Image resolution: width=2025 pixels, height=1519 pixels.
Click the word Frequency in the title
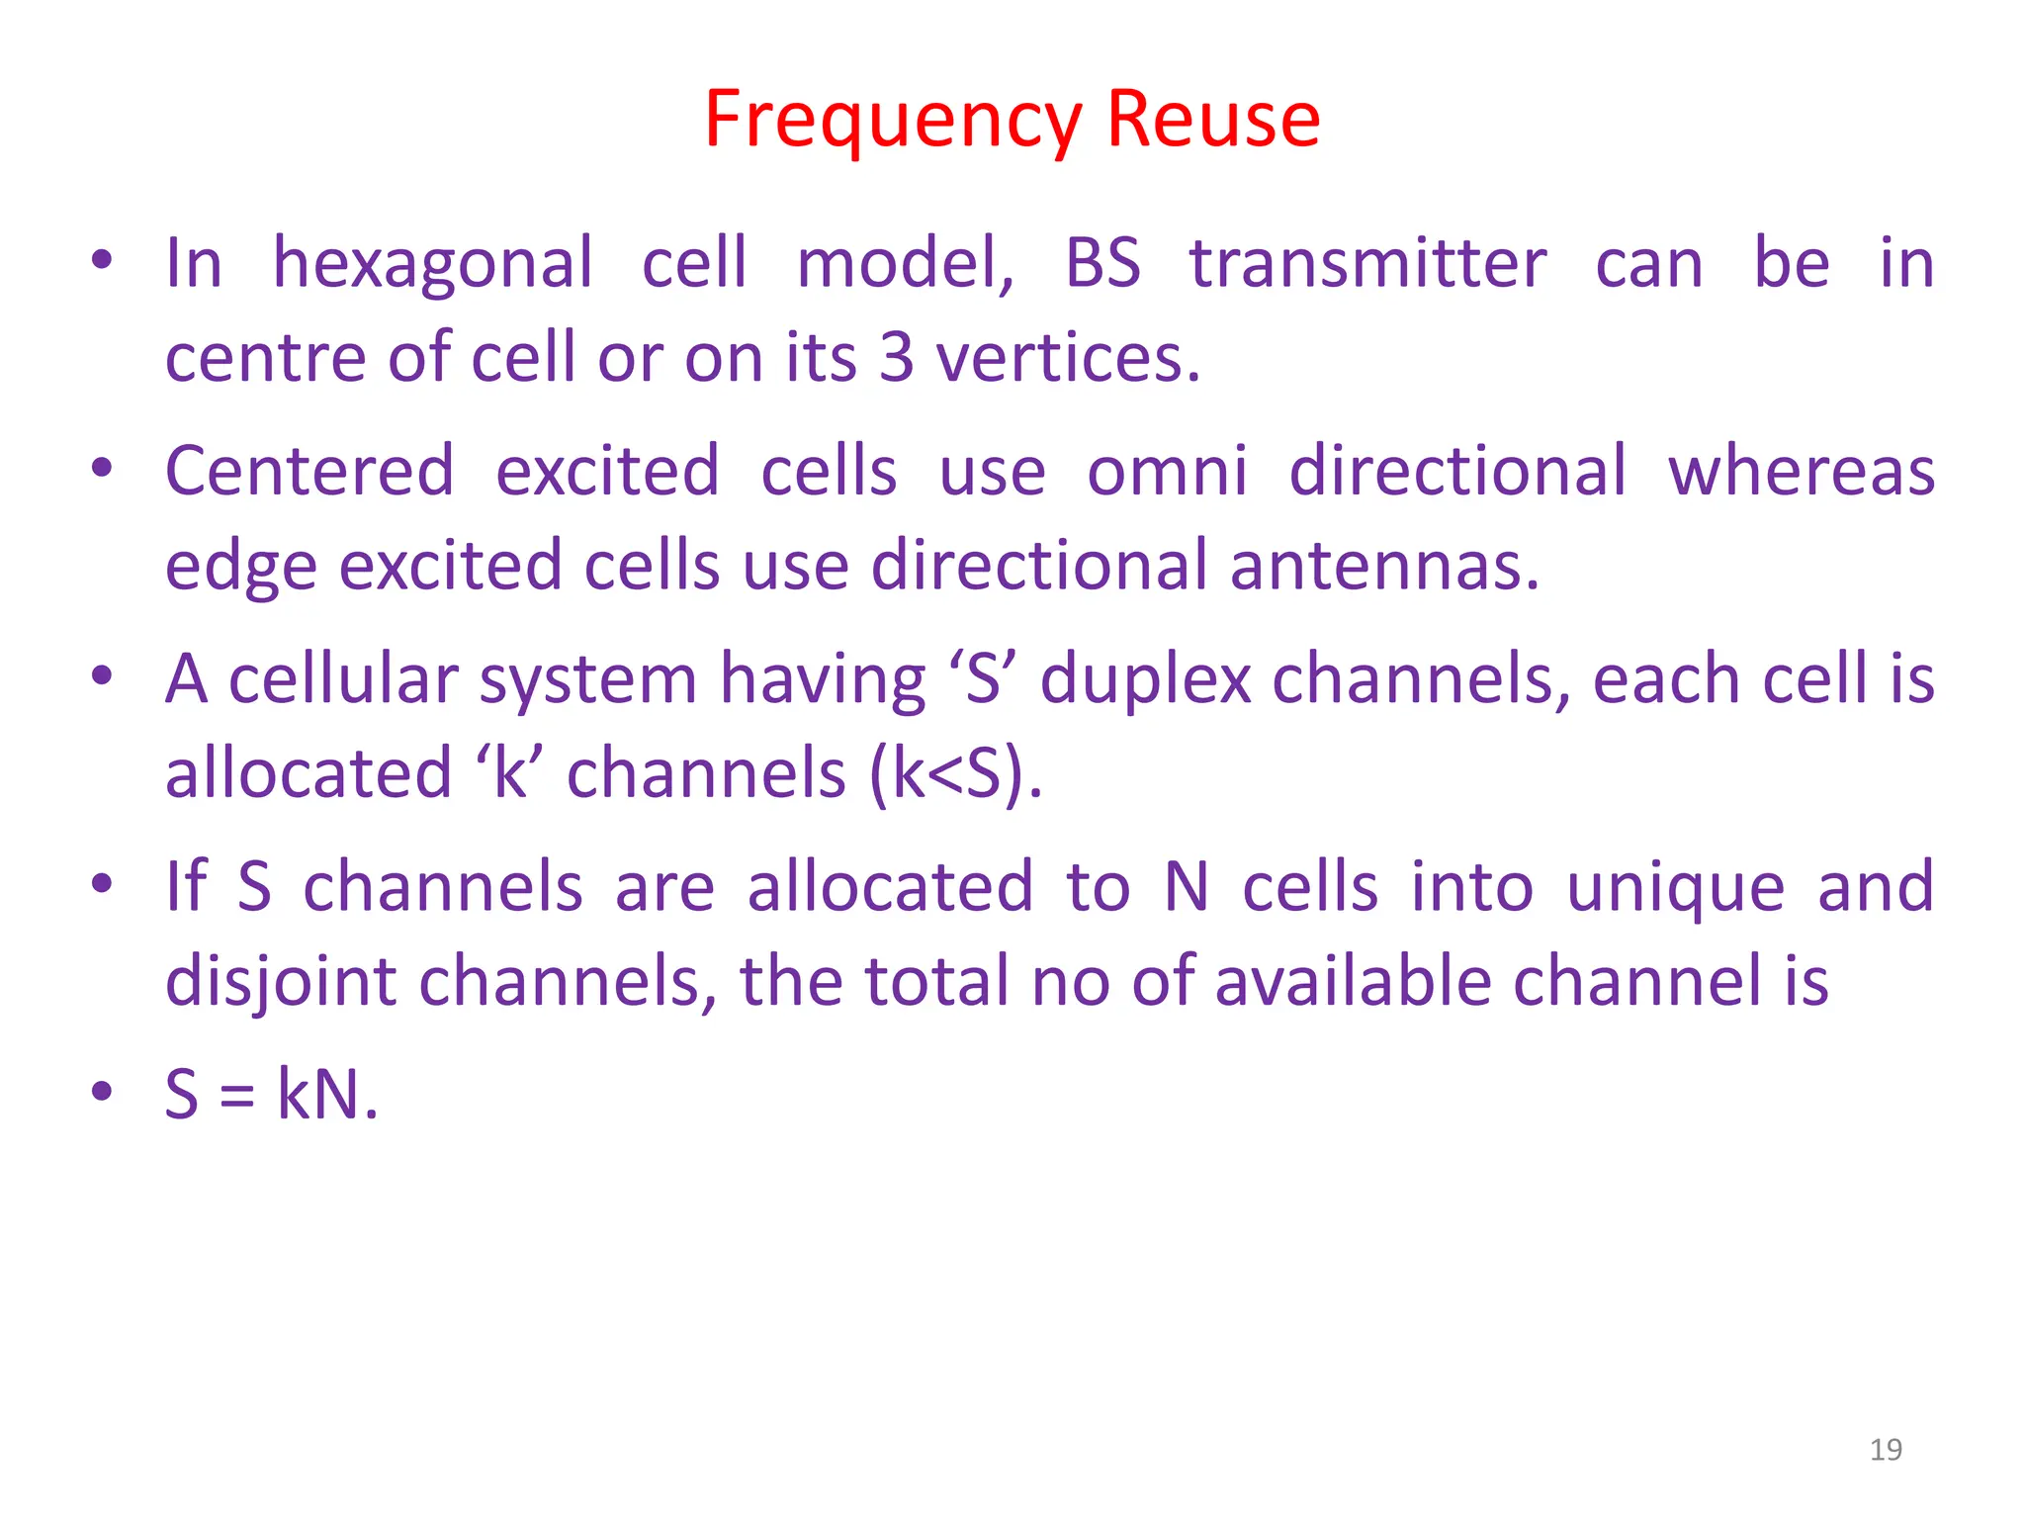[893, 121]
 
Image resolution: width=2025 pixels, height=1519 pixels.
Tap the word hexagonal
[432, 264]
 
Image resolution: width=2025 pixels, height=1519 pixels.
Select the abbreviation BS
[1101, 264]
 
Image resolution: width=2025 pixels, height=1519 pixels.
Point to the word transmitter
[1367, 264]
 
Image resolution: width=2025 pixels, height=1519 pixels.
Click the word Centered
[309, 471]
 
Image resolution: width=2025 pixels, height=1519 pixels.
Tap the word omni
[1167, 471]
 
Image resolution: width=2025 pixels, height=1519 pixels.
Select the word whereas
[1801, 471]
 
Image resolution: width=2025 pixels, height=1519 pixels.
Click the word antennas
[1384, 566]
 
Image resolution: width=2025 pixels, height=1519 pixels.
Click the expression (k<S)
[955, 773]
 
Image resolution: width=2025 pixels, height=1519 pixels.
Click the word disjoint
[281, 983]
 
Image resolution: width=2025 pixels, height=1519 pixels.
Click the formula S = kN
[271, 1095]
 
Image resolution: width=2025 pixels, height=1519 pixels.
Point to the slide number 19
[1886, 1450]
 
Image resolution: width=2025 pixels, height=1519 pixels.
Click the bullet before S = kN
[101, 1093]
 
